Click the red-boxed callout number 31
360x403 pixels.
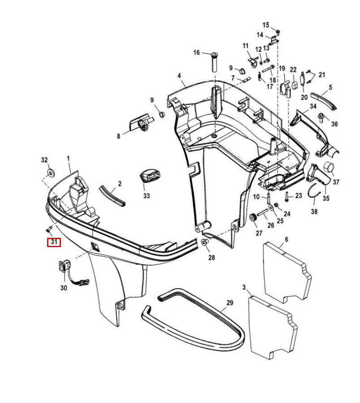pyautogui.click(x=54, y=242)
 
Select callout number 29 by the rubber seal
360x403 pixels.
pyautogui.click(x=230, y=303)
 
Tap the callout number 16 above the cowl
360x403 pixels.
pyautogui.click(x=196, y=53)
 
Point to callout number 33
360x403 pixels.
pyautogui.click(x=147, y=196)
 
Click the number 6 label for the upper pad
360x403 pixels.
pyautogui.click(x=286, y=240)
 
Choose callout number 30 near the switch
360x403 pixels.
pyautogui.click(x=64, y=288)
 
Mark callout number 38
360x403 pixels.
pyautogui.click(x=314, y=211)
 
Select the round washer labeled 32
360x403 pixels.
pyautogui.click(x=51, y=172)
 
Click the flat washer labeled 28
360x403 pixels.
pyautogui.click(x=204, y=242)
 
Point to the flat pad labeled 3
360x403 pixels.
pyautogui.click(x=272, y=327)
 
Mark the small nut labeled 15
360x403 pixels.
pyautogui.click(x=278, y=32)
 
